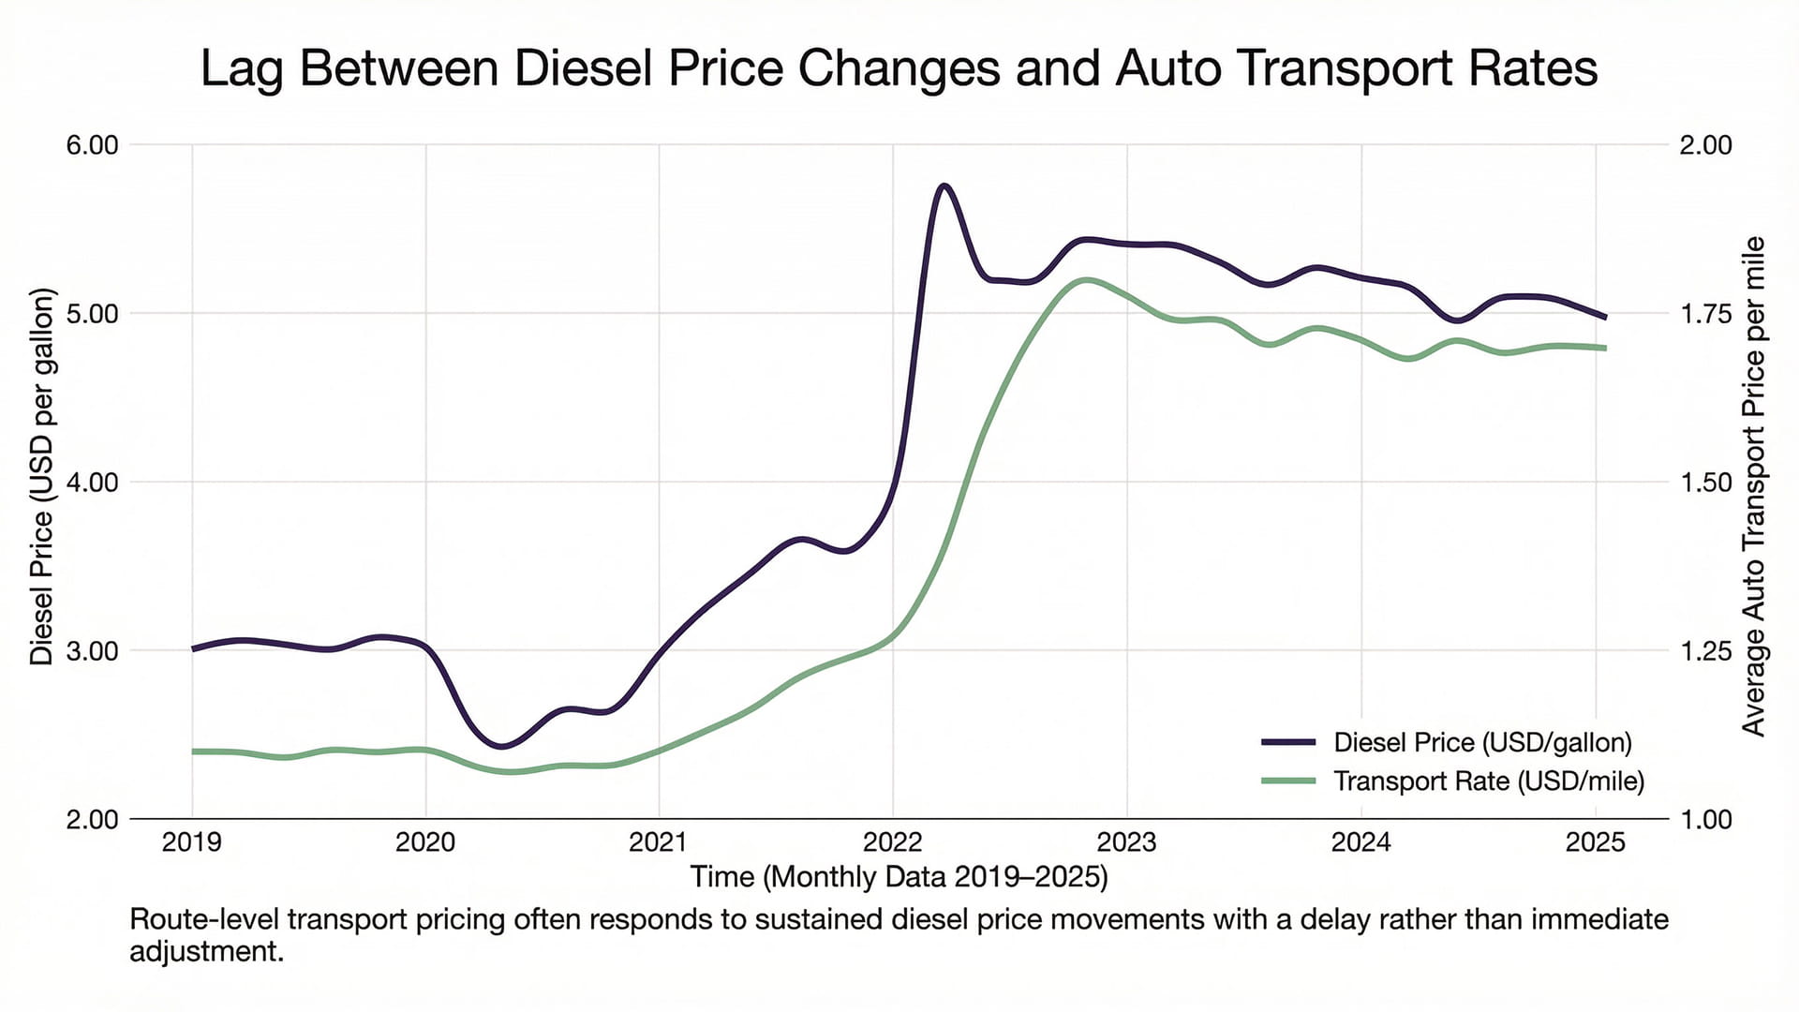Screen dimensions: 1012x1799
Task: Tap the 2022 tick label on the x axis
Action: tap(893, 842)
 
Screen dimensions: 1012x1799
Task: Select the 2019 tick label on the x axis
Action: tap(192, 842)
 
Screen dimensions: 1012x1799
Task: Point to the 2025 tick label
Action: tap(1595, 842)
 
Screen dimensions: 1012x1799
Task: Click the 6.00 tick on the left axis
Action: tap(92, 145)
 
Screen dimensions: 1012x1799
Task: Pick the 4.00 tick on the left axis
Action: tap(92, 483)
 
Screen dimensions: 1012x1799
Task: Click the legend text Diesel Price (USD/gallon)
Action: tap(1482, 742)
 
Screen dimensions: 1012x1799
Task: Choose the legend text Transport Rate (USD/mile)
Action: tap(1488, 781)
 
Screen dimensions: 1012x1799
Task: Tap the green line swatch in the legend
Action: tap(1288, 781)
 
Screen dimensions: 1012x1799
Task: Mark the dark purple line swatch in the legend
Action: tap(1288, 741)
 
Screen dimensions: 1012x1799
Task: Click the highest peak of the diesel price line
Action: tap(944, 186)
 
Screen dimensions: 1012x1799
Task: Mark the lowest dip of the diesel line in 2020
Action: tap(501, 746)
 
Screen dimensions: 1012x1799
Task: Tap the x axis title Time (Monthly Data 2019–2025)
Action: tap(899, 877)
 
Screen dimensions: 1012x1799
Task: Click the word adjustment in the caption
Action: tap(206, 952)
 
